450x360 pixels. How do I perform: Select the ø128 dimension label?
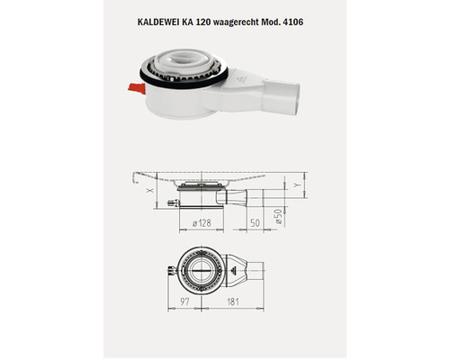click(x=203, y=220)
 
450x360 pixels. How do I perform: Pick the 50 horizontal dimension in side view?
click(x=256, y=220)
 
